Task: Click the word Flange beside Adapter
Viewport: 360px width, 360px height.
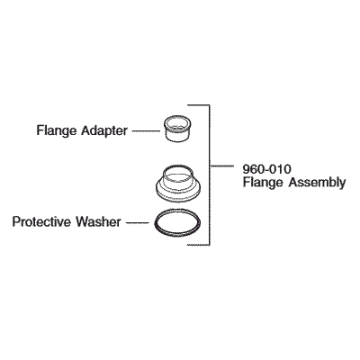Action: [x=57, y=131]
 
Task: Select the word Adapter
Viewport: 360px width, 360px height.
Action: [x=104, y=131]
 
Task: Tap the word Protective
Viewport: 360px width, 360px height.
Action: [x=41, y=222]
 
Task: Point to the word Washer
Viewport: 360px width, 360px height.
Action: [x=98, y=222]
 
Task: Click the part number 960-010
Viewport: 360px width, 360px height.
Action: [x=267, y=169]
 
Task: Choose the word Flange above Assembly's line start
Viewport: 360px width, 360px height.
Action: [x=263, y=183]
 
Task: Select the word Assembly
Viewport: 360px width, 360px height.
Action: [x=317, y=183]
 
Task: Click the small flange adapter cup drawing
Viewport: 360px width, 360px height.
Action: [x=177, y=128]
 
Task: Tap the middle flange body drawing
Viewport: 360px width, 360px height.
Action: [x=177, y=183]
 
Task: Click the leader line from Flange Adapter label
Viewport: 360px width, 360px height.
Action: [x=146, y=130]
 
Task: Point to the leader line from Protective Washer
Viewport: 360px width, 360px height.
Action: [x=138, y=222]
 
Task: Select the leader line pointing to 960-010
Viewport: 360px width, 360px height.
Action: [x=222, y=166]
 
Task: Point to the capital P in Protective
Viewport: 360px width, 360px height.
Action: [x=16, y=222]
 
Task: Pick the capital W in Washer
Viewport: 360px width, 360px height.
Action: [x=82, y=222]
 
